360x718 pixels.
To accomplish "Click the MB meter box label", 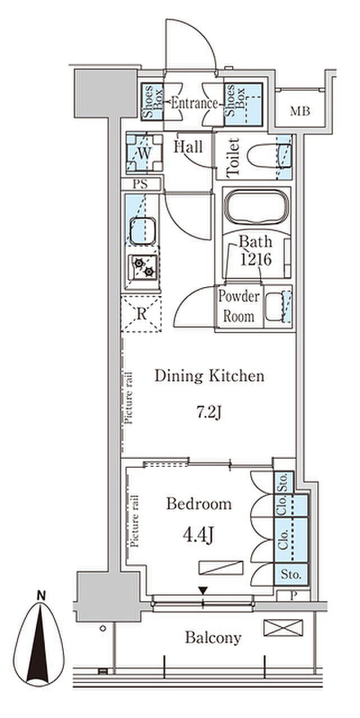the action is (x=300, y=112).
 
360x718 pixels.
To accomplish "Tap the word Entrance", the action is (x=195, y=103).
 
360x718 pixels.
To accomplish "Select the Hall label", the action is (x=188, y=147).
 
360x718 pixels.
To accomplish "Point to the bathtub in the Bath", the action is (x=257, y=207).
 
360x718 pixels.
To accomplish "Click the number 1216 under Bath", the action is (x=256, y=259).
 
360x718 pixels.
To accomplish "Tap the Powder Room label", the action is (x=239, y=307).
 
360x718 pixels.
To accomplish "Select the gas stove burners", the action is (x=143, y=268).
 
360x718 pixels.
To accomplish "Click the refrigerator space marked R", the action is (x=141, y=314).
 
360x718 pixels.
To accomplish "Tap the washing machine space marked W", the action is (x=145, y=153).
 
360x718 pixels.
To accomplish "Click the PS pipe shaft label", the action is (x=140, y=184).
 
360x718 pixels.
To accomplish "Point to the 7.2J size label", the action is (x=209, y=412).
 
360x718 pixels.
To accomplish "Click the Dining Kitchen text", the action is (x=210, y=376).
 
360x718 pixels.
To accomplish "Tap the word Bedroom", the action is (x=199, y=504).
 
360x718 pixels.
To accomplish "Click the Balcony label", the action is (x=213, y=638).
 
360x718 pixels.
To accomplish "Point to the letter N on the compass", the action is (x=41, y=595).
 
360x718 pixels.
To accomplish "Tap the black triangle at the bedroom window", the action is (x=203, y=590).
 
